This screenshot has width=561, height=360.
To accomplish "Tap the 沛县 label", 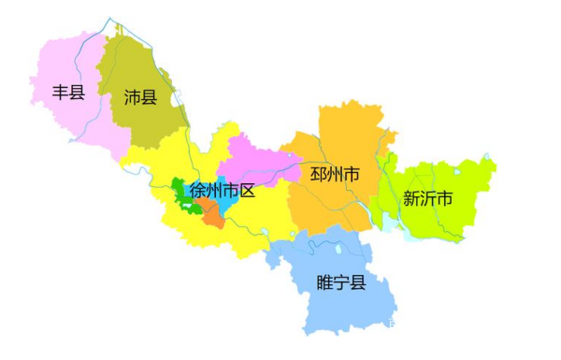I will pyautogui.click(x=140, y=96).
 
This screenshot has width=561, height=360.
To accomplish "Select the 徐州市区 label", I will pyautogui.click(x=222, y=191).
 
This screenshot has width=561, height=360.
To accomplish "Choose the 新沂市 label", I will pyautogui.click(x=427, y=198).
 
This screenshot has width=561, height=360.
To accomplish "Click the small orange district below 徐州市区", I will pyautogui.click(x=214, y=216).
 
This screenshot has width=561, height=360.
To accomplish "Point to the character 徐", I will pyautogui.click(x=197, y=191).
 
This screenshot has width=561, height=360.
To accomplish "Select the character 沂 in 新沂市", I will pyautogui.click(x=427, y=198).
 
